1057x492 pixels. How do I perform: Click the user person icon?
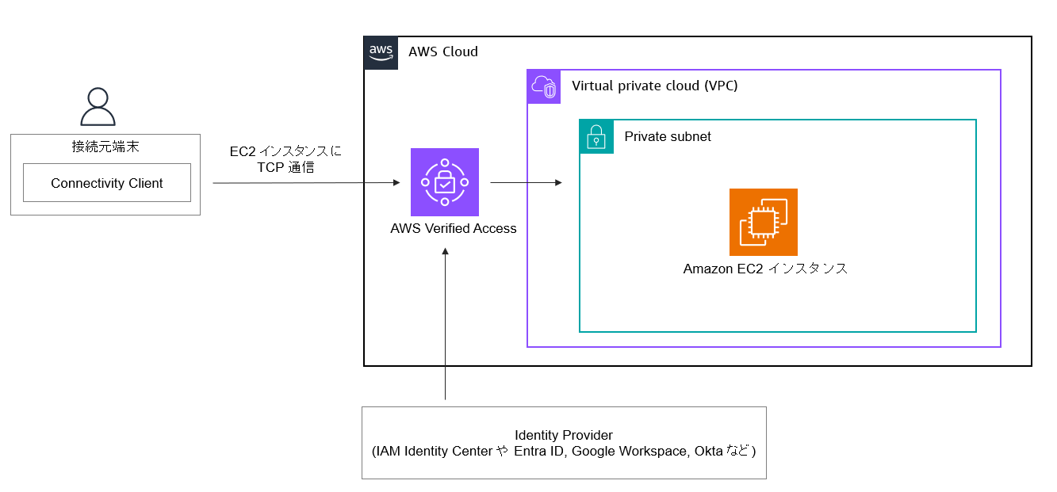point(98,107)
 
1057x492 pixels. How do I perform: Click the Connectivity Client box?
point(107,183)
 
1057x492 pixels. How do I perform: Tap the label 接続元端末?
point(105,147)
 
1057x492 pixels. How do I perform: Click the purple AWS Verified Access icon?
point(445,182)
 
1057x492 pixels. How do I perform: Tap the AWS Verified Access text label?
point(454,229)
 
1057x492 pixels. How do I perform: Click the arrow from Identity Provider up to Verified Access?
point(446,325)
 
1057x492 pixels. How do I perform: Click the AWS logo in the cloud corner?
point(381,52)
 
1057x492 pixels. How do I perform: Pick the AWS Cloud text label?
point(443,52)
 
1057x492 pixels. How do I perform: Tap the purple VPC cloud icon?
point(544,86)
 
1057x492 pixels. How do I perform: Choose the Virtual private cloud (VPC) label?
point(655,86)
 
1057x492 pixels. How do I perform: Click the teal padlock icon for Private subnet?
point(596,136)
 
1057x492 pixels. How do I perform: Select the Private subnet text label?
point(668,136)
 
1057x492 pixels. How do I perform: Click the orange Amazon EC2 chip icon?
point(764,222)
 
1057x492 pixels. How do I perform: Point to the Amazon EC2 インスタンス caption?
point(765,269)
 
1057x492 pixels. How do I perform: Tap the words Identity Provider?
point(564,435)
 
